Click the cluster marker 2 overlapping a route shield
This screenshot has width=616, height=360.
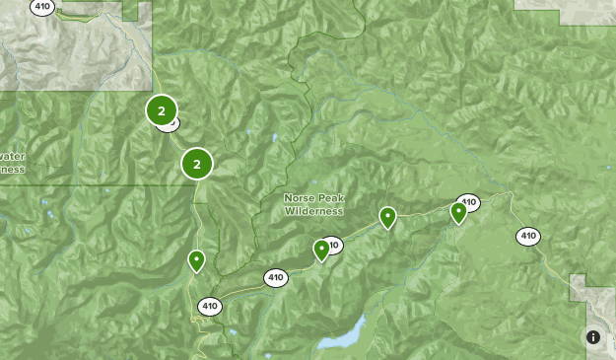162,111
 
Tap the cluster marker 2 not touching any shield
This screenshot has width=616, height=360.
197,164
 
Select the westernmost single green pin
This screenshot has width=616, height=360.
197,260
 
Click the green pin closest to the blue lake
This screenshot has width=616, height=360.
321,251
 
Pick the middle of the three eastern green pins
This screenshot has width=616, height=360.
388,217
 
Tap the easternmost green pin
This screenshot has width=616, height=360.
458,212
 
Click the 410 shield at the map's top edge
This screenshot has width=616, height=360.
42,7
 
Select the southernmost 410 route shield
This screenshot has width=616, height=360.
209,307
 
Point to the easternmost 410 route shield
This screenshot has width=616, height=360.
528,236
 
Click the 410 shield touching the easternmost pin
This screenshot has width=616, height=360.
469,202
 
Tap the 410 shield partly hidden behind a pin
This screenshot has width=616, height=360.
333,245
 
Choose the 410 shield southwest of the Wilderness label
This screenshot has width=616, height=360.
275,278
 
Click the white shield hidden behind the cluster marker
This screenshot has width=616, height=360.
171,124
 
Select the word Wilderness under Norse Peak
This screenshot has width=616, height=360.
314,210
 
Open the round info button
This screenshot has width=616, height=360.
593,337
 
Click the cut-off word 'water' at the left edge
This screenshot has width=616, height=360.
11,156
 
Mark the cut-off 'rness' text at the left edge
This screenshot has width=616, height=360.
11,168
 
